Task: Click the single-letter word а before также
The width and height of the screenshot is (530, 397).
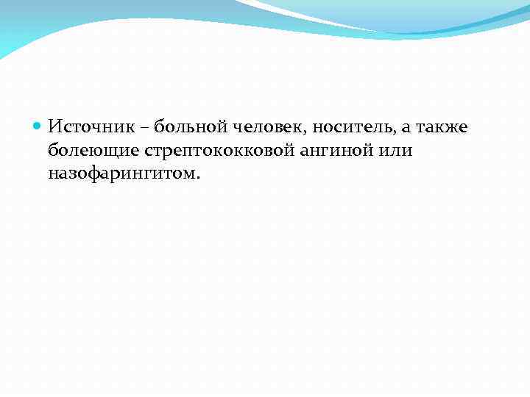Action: coord(406,129)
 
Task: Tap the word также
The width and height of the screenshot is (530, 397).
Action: coord(442,127)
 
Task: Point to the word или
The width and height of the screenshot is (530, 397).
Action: coord(397,151)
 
